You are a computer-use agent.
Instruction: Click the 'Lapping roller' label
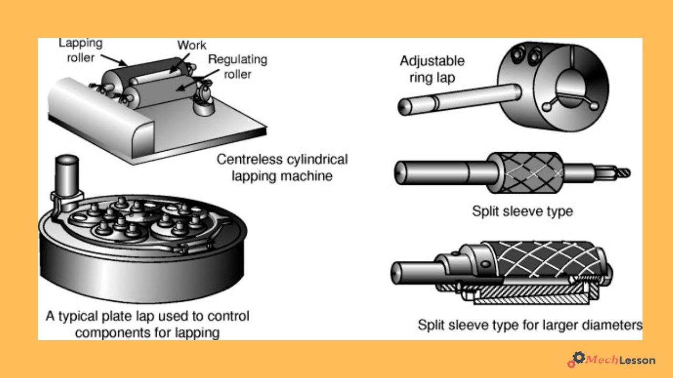(80, 50)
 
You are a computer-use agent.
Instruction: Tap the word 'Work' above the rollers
(192, 45)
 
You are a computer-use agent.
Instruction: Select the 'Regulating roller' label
(238, 67)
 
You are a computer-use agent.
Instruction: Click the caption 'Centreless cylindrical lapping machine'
(282, 167)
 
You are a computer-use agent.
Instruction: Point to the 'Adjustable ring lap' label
(432, 69)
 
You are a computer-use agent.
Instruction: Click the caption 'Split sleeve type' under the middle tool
(522, 212)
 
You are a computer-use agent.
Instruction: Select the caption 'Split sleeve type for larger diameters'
(530, 324)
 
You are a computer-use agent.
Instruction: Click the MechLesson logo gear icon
(577, 359)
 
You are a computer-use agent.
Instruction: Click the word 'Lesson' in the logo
(637, 360)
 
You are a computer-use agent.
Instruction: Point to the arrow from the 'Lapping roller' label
(114, 59)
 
